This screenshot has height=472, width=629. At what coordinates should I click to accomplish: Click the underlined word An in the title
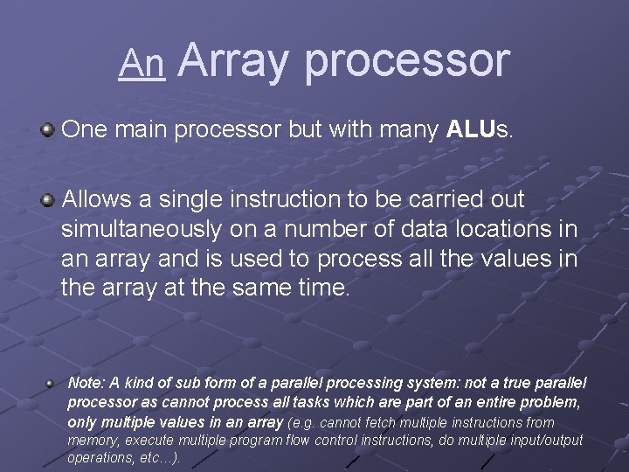(x=142, y=63)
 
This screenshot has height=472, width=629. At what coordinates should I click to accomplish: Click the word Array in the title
(x=235, y=60)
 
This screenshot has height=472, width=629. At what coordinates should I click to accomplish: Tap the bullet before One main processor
(x=47, y=131)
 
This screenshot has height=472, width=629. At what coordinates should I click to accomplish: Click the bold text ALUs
(x=480, y=130)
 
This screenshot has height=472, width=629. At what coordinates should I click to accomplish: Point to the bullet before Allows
(x=47, y=201)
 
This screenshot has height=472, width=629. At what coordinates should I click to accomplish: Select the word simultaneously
(x=142, y=230)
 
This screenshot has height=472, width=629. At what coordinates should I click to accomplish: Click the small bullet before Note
(x=52, y=383)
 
